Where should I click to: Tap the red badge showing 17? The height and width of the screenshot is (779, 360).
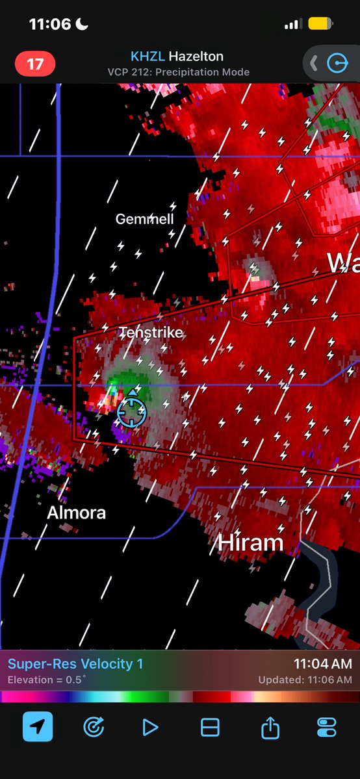coord(35,64)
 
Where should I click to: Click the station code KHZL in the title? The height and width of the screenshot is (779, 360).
coord(148,57)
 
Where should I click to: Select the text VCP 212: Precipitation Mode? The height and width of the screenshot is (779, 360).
coord(179,72)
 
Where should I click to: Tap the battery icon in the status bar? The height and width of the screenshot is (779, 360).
coord(320,24)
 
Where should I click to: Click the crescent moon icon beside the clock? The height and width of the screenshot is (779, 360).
coord(83,24)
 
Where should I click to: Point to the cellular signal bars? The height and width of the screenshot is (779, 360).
coord(293,24)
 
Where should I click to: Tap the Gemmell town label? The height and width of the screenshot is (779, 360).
coord(144,219)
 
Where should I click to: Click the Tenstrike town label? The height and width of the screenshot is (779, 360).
coord(151,333)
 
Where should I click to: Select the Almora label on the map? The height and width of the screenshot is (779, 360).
coord(76,513)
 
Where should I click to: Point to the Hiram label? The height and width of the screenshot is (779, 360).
coord(251,543)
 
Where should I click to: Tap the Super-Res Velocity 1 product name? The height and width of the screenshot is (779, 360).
coord(75,664)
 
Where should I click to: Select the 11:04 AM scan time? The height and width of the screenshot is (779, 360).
coord(322,664)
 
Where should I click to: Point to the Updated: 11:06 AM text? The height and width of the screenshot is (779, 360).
coord(305,680)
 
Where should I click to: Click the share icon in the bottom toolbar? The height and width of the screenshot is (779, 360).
coord(270,728)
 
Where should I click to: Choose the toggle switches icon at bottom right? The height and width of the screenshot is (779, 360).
coord(326,728)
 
